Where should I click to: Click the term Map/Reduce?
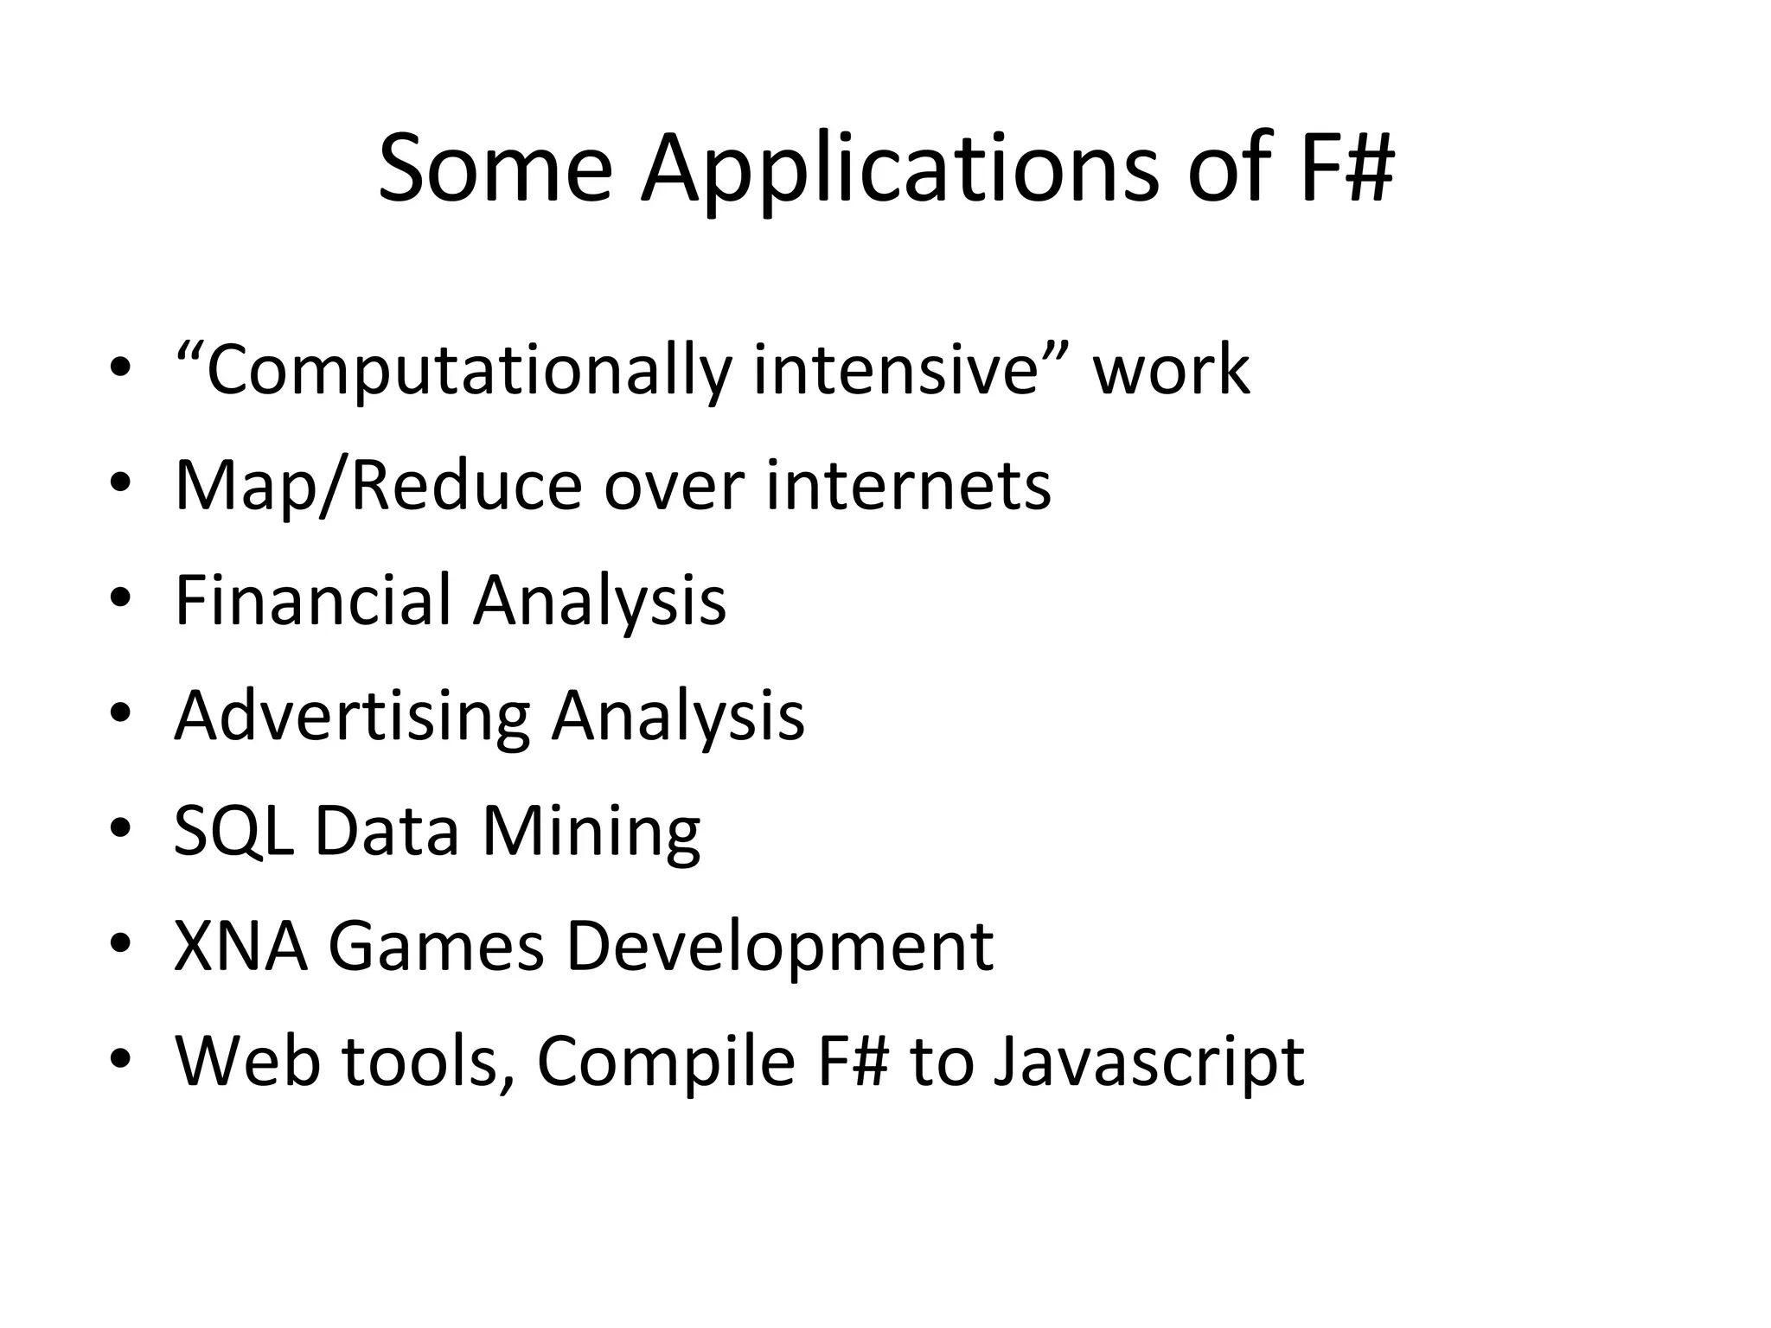point(379,486)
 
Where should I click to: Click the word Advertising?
point(352,717)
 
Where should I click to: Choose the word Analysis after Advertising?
point(678,717)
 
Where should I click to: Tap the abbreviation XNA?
point(241,947)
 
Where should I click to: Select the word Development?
point(779,948)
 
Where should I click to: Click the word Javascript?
point(1148,1063)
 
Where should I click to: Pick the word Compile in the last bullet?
point(666,1063)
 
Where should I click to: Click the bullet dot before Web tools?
point(121,1060)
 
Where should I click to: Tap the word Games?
point(436,947)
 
